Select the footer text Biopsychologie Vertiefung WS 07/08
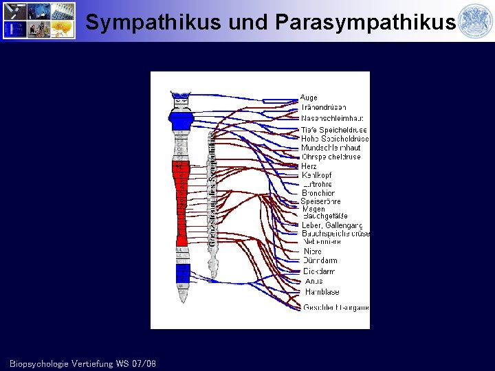pyautogui.click(x=82, y=363)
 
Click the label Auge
pyautogui.click(x=309, y=98)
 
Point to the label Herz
pyautogui.click(x=309, y=166)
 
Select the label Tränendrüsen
pyautogui.click(x=323, y=107)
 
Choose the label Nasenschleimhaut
pyautogui.click(x=332, y=118)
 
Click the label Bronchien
pyautogui.click(x=318, y=193)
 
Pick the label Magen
pyautogui.click(x=313, y=209)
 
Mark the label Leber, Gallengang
pyautogui.click(x=332, y=225)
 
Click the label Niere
pyautogui.click(x=312, y=251)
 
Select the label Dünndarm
pyautogui.click(x=320, y=261)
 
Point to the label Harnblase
pyautogui.click(x=322, y=292)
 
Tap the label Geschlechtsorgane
pyautogui.click(x=335, y=307)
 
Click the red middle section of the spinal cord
pyautogui.click(x=181, y=203)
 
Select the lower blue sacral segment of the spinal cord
pyautogui.click(x=182, y=274)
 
